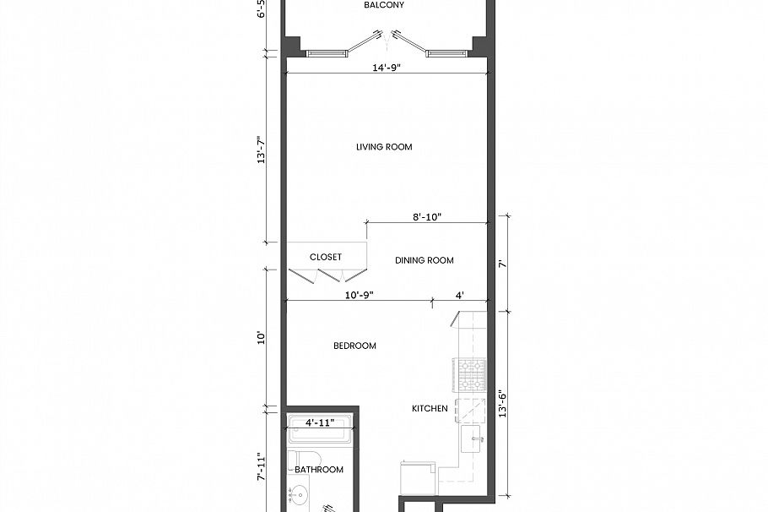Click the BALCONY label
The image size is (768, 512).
coord(384,5)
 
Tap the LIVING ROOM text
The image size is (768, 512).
coord(384,147)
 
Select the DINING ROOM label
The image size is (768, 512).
coord(425,260)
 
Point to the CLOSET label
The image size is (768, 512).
coord(326,257)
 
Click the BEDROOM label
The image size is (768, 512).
coord(354,346)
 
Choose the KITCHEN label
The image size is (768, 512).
coord(430,409)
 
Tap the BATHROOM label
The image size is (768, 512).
coord(319,470)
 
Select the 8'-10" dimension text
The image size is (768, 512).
coord(427,217)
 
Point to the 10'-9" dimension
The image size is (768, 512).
coord(359,294)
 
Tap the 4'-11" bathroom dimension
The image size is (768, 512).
coord(321,422)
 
